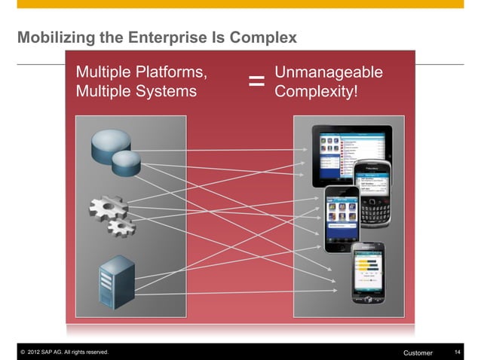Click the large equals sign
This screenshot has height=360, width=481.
[x=256, y=81]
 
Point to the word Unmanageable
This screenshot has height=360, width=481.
[x=329, y=73]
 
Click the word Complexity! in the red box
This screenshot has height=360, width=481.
[x=317, y=92]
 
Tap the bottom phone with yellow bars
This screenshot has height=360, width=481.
[x=369, y=270]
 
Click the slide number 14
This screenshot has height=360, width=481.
[x=458, y=352]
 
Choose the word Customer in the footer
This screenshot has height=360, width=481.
[x=418, y=352]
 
